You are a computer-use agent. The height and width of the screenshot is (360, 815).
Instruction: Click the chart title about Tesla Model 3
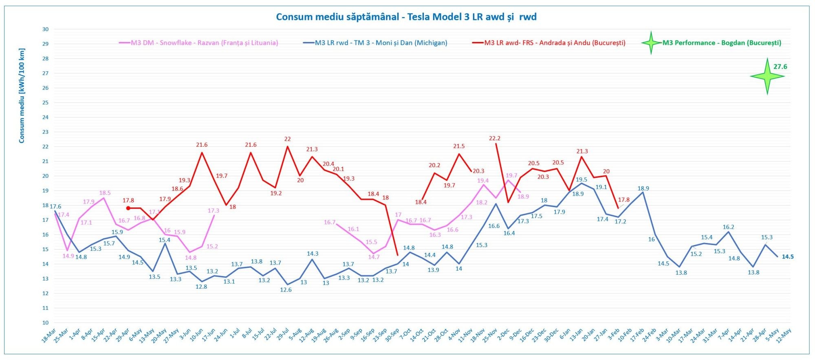point(406,17)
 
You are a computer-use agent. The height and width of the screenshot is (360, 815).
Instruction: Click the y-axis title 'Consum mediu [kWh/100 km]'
point(22,96)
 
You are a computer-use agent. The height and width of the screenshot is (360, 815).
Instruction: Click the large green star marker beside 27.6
point(767,76)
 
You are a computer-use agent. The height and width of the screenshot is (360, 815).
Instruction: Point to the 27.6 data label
point(780,67)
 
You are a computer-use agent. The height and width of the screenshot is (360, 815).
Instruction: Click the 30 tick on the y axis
point(45,29)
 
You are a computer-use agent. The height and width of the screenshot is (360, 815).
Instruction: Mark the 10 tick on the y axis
point(45,322)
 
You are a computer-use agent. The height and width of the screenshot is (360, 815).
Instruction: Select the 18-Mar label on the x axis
point(49,335)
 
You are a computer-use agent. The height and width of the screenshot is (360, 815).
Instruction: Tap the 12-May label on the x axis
point(784,335)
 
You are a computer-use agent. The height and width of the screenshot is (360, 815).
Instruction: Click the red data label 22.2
point(494,139)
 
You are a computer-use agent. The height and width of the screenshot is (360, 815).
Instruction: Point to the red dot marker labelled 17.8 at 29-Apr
point(128,208)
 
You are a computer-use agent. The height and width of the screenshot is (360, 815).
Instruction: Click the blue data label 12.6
point(286,290)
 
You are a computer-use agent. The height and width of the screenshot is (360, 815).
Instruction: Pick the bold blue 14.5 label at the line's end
point(787,257)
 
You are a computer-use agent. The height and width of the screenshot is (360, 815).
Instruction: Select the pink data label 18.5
point(105,193)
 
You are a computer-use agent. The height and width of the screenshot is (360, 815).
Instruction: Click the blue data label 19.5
point(581,180)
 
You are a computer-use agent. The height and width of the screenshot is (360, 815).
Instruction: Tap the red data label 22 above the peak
point(288,139)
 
